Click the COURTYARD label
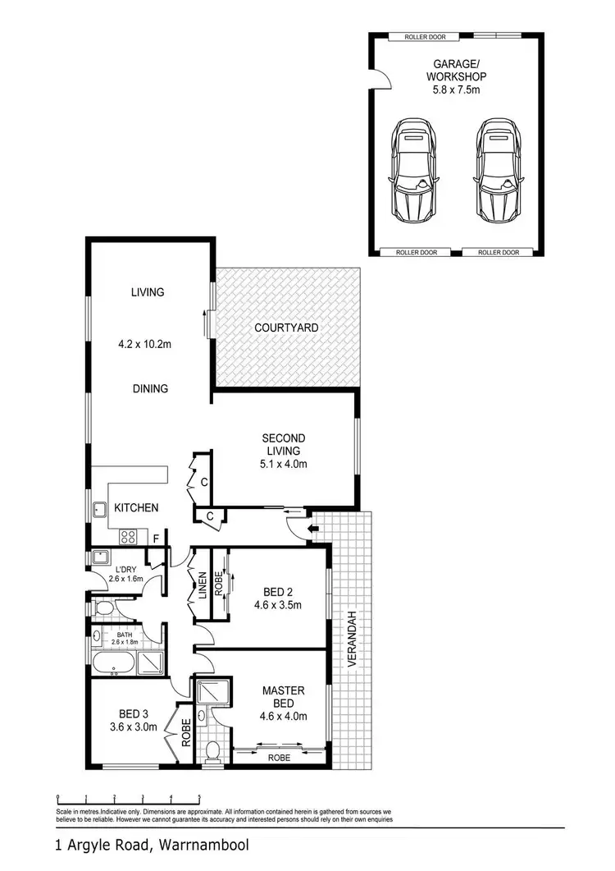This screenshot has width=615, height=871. click(x=285, y=328)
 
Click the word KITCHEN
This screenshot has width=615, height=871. click(x=136, y=508)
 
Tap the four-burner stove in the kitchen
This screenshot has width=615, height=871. click(x=130, y=537)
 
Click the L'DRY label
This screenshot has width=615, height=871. click(x=125, y=569)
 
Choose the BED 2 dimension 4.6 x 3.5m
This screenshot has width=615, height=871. click(x=279, y=607)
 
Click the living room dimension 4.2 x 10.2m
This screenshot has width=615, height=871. click(x=144, y=345)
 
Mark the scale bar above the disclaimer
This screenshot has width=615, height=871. click(x=128, y=799)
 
